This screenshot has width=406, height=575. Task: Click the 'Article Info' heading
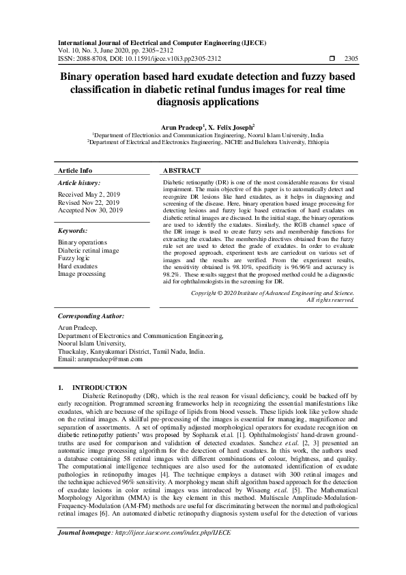coord(75,170)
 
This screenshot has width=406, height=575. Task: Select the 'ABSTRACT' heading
coord(182,170)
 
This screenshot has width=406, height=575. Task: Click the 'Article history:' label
coord(79,183)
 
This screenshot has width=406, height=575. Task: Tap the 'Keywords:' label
coord(73,231)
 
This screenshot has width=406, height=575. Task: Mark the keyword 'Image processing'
coord(82,274)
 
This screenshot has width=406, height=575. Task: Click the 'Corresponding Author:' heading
coord(91,317)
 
